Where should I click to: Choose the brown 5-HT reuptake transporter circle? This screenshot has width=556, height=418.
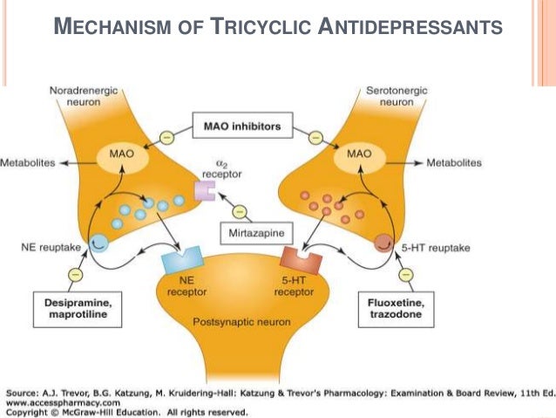tap(383, 243)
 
